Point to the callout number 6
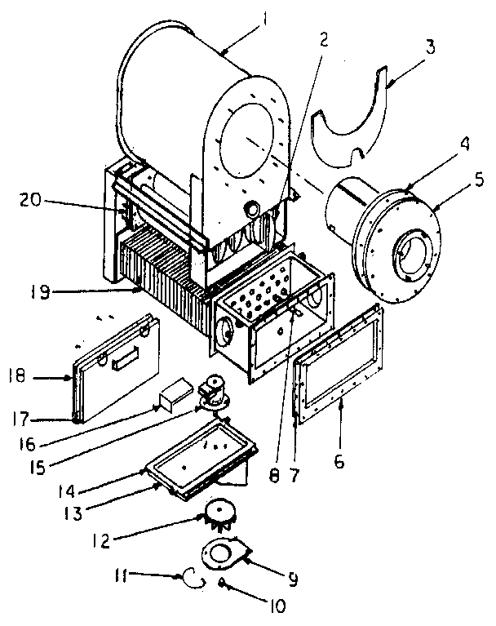tap(339, 461)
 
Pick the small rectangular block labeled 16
tap(175, 396)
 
